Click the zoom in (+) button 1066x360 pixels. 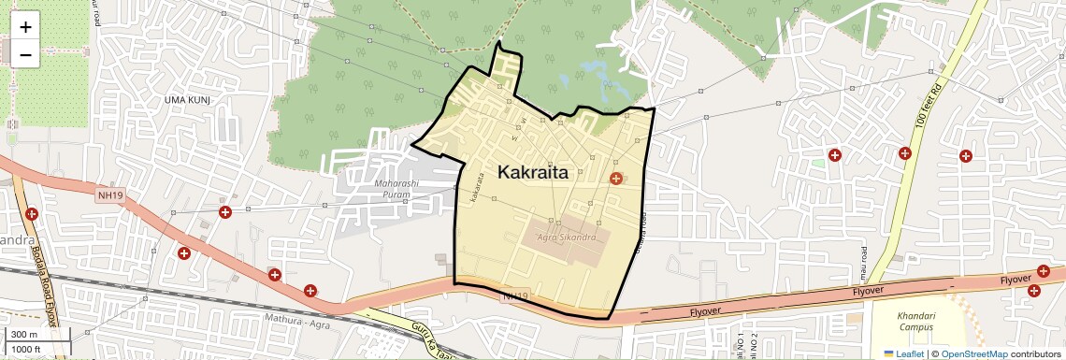(x=25, y=26)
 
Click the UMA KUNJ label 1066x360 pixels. (x=188, y=99)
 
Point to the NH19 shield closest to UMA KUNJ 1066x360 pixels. (x=109, y=194)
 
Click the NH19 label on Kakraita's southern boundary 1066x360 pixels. (x=514, y=296)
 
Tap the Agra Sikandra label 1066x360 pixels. (x=568, y=238)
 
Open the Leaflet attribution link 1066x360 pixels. (x=903, y=353)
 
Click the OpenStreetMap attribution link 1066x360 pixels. (x=973, y=353)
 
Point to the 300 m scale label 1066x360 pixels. (x=23, y=335)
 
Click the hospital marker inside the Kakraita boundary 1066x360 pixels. (x=616, y=178)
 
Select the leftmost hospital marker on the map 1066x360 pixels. (x=33, y=214)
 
